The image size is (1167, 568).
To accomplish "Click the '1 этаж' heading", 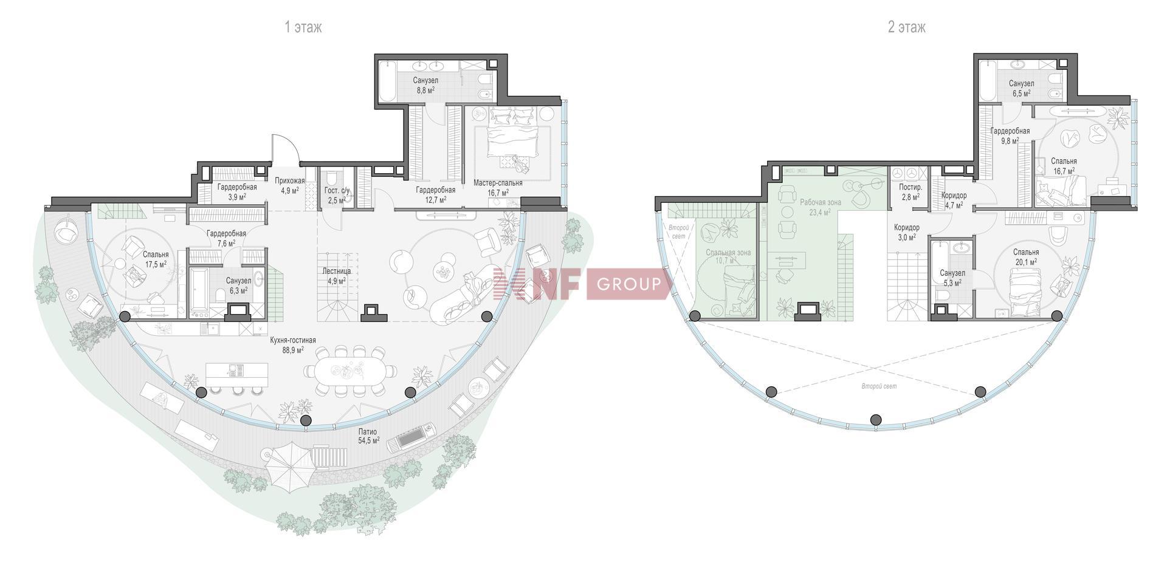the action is click(x=303, y=27).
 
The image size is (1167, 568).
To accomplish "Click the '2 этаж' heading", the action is click(x=906, y=27).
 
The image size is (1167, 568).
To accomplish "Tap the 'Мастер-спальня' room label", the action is click(x=498, y=182).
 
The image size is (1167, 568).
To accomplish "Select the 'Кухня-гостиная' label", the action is click(x=293, y=341).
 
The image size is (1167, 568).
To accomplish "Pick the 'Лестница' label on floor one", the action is click(x=336, y=272).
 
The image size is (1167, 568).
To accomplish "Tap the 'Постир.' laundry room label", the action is click(x=911, y=188).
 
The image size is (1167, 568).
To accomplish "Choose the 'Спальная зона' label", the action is click(x=728, y=252).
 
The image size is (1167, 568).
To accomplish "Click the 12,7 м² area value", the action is click(x=435, y=199).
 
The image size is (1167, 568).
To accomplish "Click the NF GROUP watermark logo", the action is click(x=582, y=284).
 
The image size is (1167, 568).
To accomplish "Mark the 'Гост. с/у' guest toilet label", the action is click(x=337, y=191).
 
